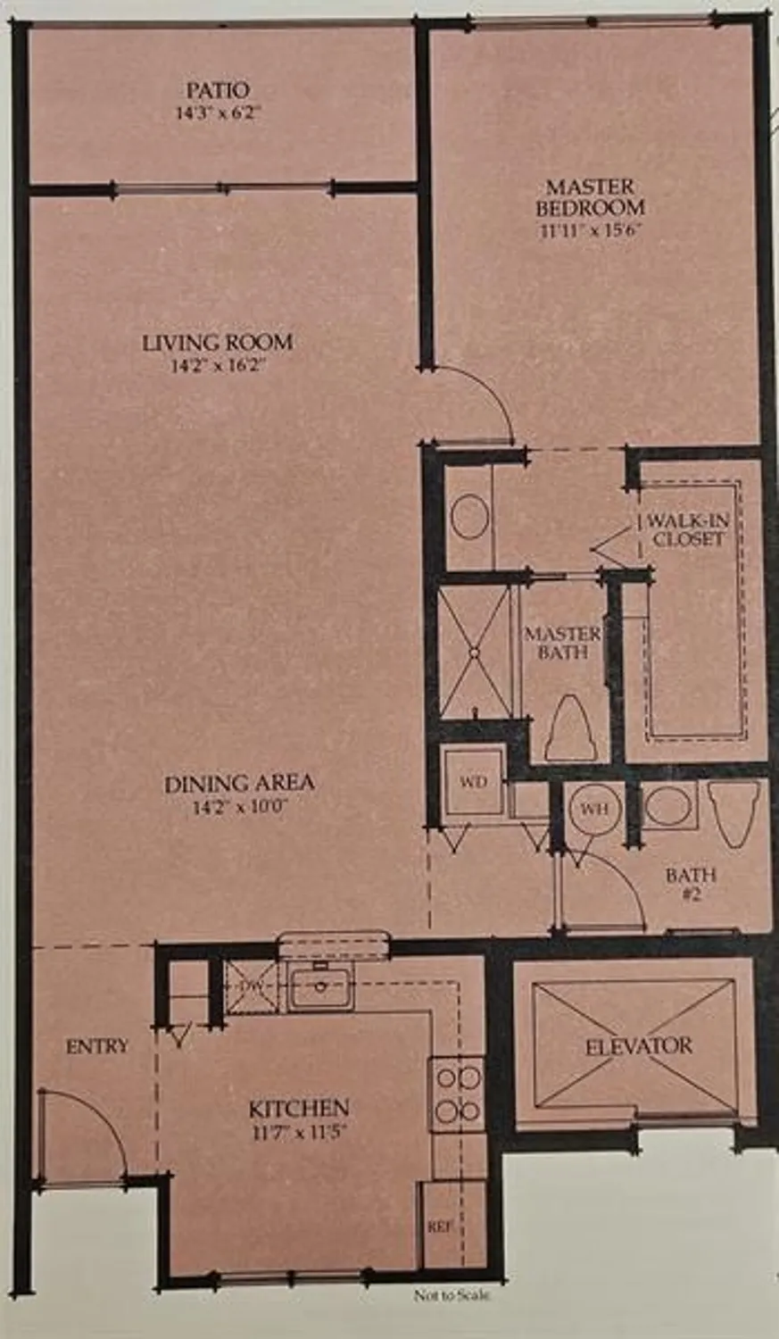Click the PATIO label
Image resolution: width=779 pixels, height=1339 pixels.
(x=218, y=90)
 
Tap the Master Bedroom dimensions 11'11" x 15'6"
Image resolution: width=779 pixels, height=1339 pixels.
(x=590, y=229)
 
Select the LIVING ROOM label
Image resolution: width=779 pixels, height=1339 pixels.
(x=218, y=342)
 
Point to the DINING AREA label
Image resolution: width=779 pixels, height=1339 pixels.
(x=239, y=784)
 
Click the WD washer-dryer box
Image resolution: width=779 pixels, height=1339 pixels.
(x=473, y=783)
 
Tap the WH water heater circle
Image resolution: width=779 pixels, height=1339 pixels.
(x=594, y=809)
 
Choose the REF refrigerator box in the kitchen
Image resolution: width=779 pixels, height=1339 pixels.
(x=439, y=1227)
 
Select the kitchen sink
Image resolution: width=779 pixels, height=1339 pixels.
(x=320, y=986)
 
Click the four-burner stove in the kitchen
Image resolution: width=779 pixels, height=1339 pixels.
(x=456, y=1094)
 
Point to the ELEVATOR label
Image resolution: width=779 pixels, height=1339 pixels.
(x=638, y=1046)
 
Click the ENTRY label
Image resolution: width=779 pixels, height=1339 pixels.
(x=97, y=1046)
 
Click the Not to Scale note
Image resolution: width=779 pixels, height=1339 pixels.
(x=452, y=1296)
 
